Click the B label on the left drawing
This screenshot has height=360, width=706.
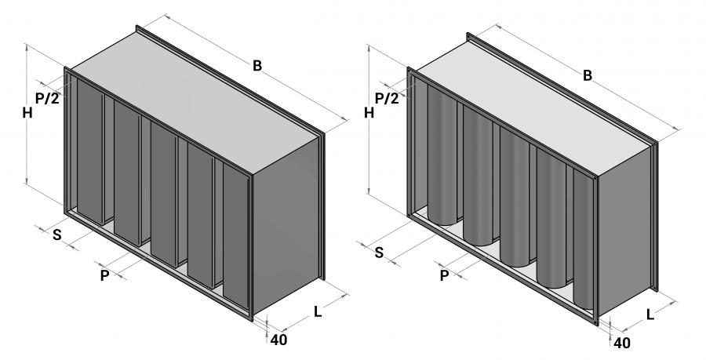[257, 66]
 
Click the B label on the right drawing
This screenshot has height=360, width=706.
[587, 75]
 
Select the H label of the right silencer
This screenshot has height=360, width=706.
[368, 113]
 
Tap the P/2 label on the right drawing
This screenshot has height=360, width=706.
[386, 98]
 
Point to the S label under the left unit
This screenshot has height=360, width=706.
[56, 235]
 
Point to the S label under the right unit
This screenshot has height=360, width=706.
[379, 252]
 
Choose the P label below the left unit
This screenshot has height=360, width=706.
[104, 275]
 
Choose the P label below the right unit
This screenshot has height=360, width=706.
[444, 275]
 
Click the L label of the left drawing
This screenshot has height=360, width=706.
[318, 311]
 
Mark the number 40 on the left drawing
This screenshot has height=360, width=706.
[278, 340]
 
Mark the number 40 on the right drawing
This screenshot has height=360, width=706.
[621, 343]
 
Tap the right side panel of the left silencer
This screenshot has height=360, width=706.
[286, 227]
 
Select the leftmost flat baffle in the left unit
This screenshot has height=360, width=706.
[88, 153]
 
